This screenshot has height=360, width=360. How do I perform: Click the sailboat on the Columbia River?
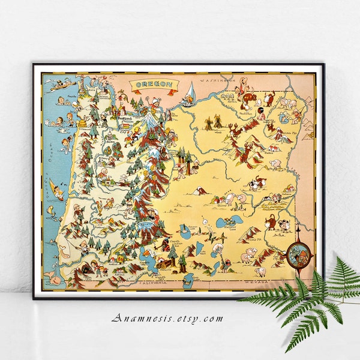pos(188,92)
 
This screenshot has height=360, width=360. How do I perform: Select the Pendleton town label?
pos(245,113)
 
